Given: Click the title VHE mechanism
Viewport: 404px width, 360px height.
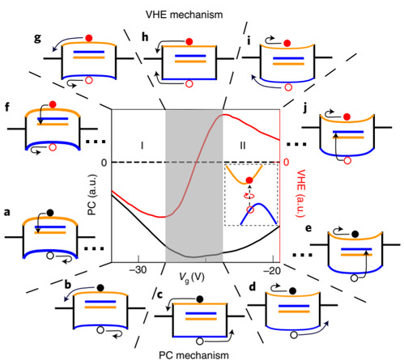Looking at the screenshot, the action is (x=185, y=15).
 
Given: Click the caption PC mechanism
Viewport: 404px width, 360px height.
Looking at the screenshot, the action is (x=193, y=355).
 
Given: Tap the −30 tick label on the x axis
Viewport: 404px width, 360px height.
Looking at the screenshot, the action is (x=138, y=270).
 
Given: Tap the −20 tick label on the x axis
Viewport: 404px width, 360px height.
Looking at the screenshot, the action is (x=272, y=270).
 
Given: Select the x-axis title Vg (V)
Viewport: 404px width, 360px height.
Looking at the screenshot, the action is (x=192, y=277).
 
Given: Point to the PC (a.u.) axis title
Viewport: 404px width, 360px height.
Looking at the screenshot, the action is (x=92, y=195).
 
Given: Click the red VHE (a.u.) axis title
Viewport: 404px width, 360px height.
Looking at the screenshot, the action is (x=300, y=193).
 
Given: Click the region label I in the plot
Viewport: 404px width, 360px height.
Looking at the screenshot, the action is (x=142, y=146).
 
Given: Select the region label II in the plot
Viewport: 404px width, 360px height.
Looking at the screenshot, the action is (x=243, y=146).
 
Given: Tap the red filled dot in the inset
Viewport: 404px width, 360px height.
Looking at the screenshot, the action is (x=249, y=180).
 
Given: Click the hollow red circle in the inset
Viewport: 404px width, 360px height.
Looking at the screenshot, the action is (x=250, y=210).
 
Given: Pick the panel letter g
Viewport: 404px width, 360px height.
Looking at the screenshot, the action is (x=38, y=38).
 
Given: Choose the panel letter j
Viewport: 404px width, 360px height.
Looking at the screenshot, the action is (x=305, y=108).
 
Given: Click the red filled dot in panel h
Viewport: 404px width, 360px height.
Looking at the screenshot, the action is (x=189, y=42).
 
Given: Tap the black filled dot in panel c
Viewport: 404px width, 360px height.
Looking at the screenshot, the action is (x=200, y=299).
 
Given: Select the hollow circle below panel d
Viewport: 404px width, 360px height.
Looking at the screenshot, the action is (x=294, y=335).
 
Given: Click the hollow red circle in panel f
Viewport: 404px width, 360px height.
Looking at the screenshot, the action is (x=53, y=147).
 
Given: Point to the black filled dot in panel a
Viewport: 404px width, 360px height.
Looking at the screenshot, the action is (x=50, y=213).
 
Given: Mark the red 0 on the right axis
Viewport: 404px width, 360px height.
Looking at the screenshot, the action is (x=286, y=162).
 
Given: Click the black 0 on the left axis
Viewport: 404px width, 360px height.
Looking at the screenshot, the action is (x=104, y=163).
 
